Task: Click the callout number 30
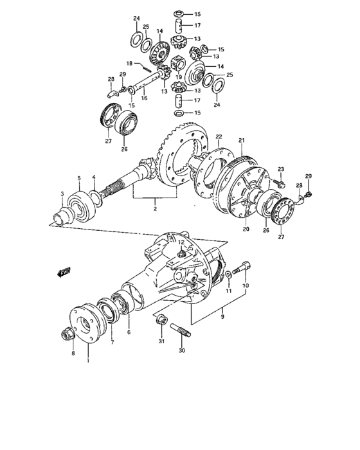(x=182, y=350)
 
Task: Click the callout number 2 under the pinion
(x=155, y=210)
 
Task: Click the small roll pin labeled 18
(x=146, y=64)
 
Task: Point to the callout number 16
(x=145, y=99)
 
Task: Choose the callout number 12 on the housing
(x=182, y=242)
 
